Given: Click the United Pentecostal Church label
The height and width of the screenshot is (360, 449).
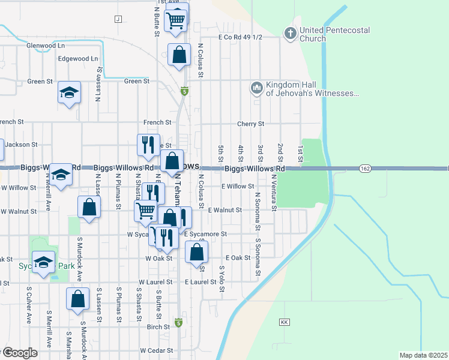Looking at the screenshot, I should [334, 34].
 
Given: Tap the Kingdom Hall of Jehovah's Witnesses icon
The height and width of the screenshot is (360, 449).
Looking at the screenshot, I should [257, 89].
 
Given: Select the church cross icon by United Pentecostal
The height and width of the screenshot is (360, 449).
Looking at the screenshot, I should [290, 33].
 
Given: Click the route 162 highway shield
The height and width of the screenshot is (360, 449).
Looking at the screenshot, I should [365, 169].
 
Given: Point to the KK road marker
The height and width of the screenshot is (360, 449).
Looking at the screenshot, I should [285, 323].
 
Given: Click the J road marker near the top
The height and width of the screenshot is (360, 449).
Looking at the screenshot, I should [117, 19].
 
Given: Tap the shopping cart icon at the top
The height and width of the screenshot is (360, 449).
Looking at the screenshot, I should [176, 19].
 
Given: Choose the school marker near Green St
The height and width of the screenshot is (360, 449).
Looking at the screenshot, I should [69, 93].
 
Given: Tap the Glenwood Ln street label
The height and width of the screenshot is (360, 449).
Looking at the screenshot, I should [46, 46].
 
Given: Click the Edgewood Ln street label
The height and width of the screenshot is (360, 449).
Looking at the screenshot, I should [77, 59].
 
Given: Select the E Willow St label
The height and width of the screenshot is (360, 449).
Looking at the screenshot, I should [238, 187].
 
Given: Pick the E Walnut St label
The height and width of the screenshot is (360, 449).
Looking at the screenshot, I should [224, 211].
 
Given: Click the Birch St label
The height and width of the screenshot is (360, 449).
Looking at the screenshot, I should [158, 327].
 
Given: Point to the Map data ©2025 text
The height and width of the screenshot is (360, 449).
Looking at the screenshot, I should [423, 355].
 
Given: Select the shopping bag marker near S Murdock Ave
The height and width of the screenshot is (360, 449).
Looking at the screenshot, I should [77, 299].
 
